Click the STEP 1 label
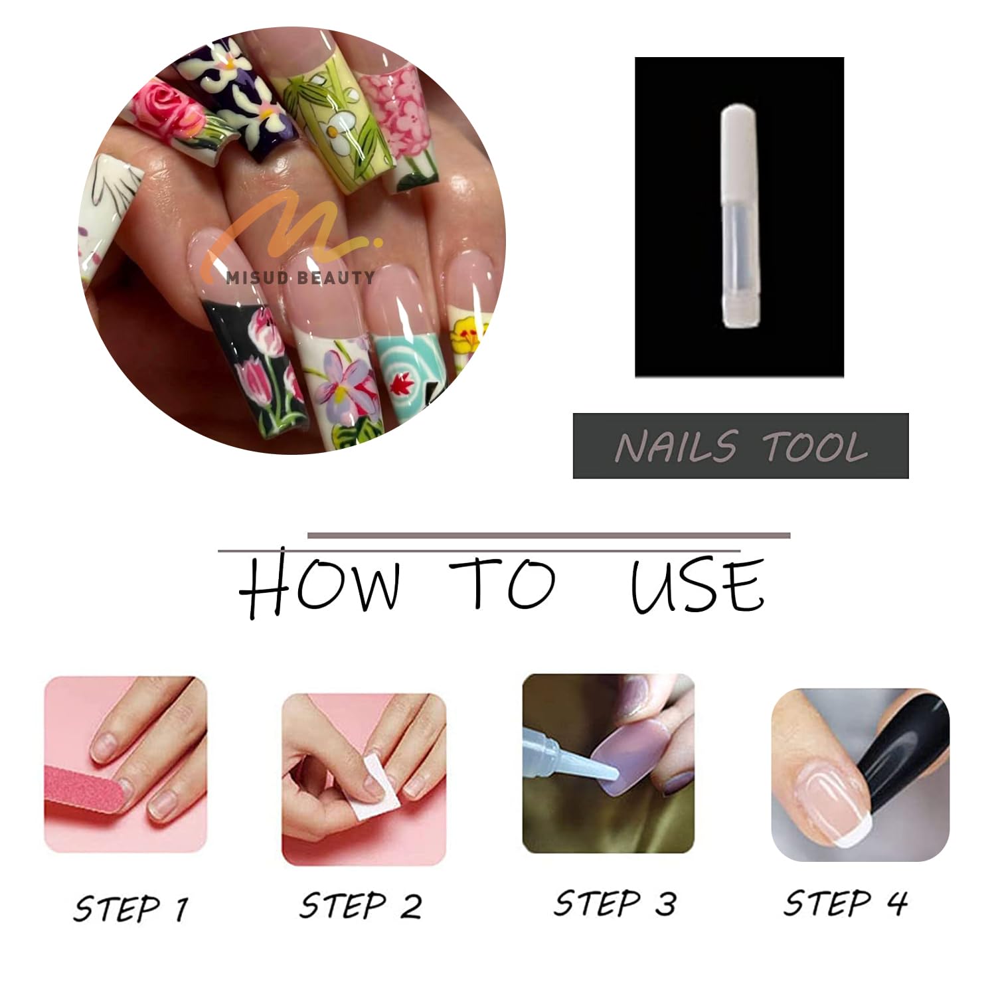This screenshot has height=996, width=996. [x=131, y=908]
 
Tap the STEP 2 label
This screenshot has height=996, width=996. [x=361, y=906]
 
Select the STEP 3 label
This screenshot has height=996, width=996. [x=616, y=904]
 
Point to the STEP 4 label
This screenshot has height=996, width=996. [x=845, y=903]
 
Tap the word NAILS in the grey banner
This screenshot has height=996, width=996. [x=676, y=446]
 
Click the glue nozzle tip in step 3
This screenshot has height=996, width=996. [x=616, y=774]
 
